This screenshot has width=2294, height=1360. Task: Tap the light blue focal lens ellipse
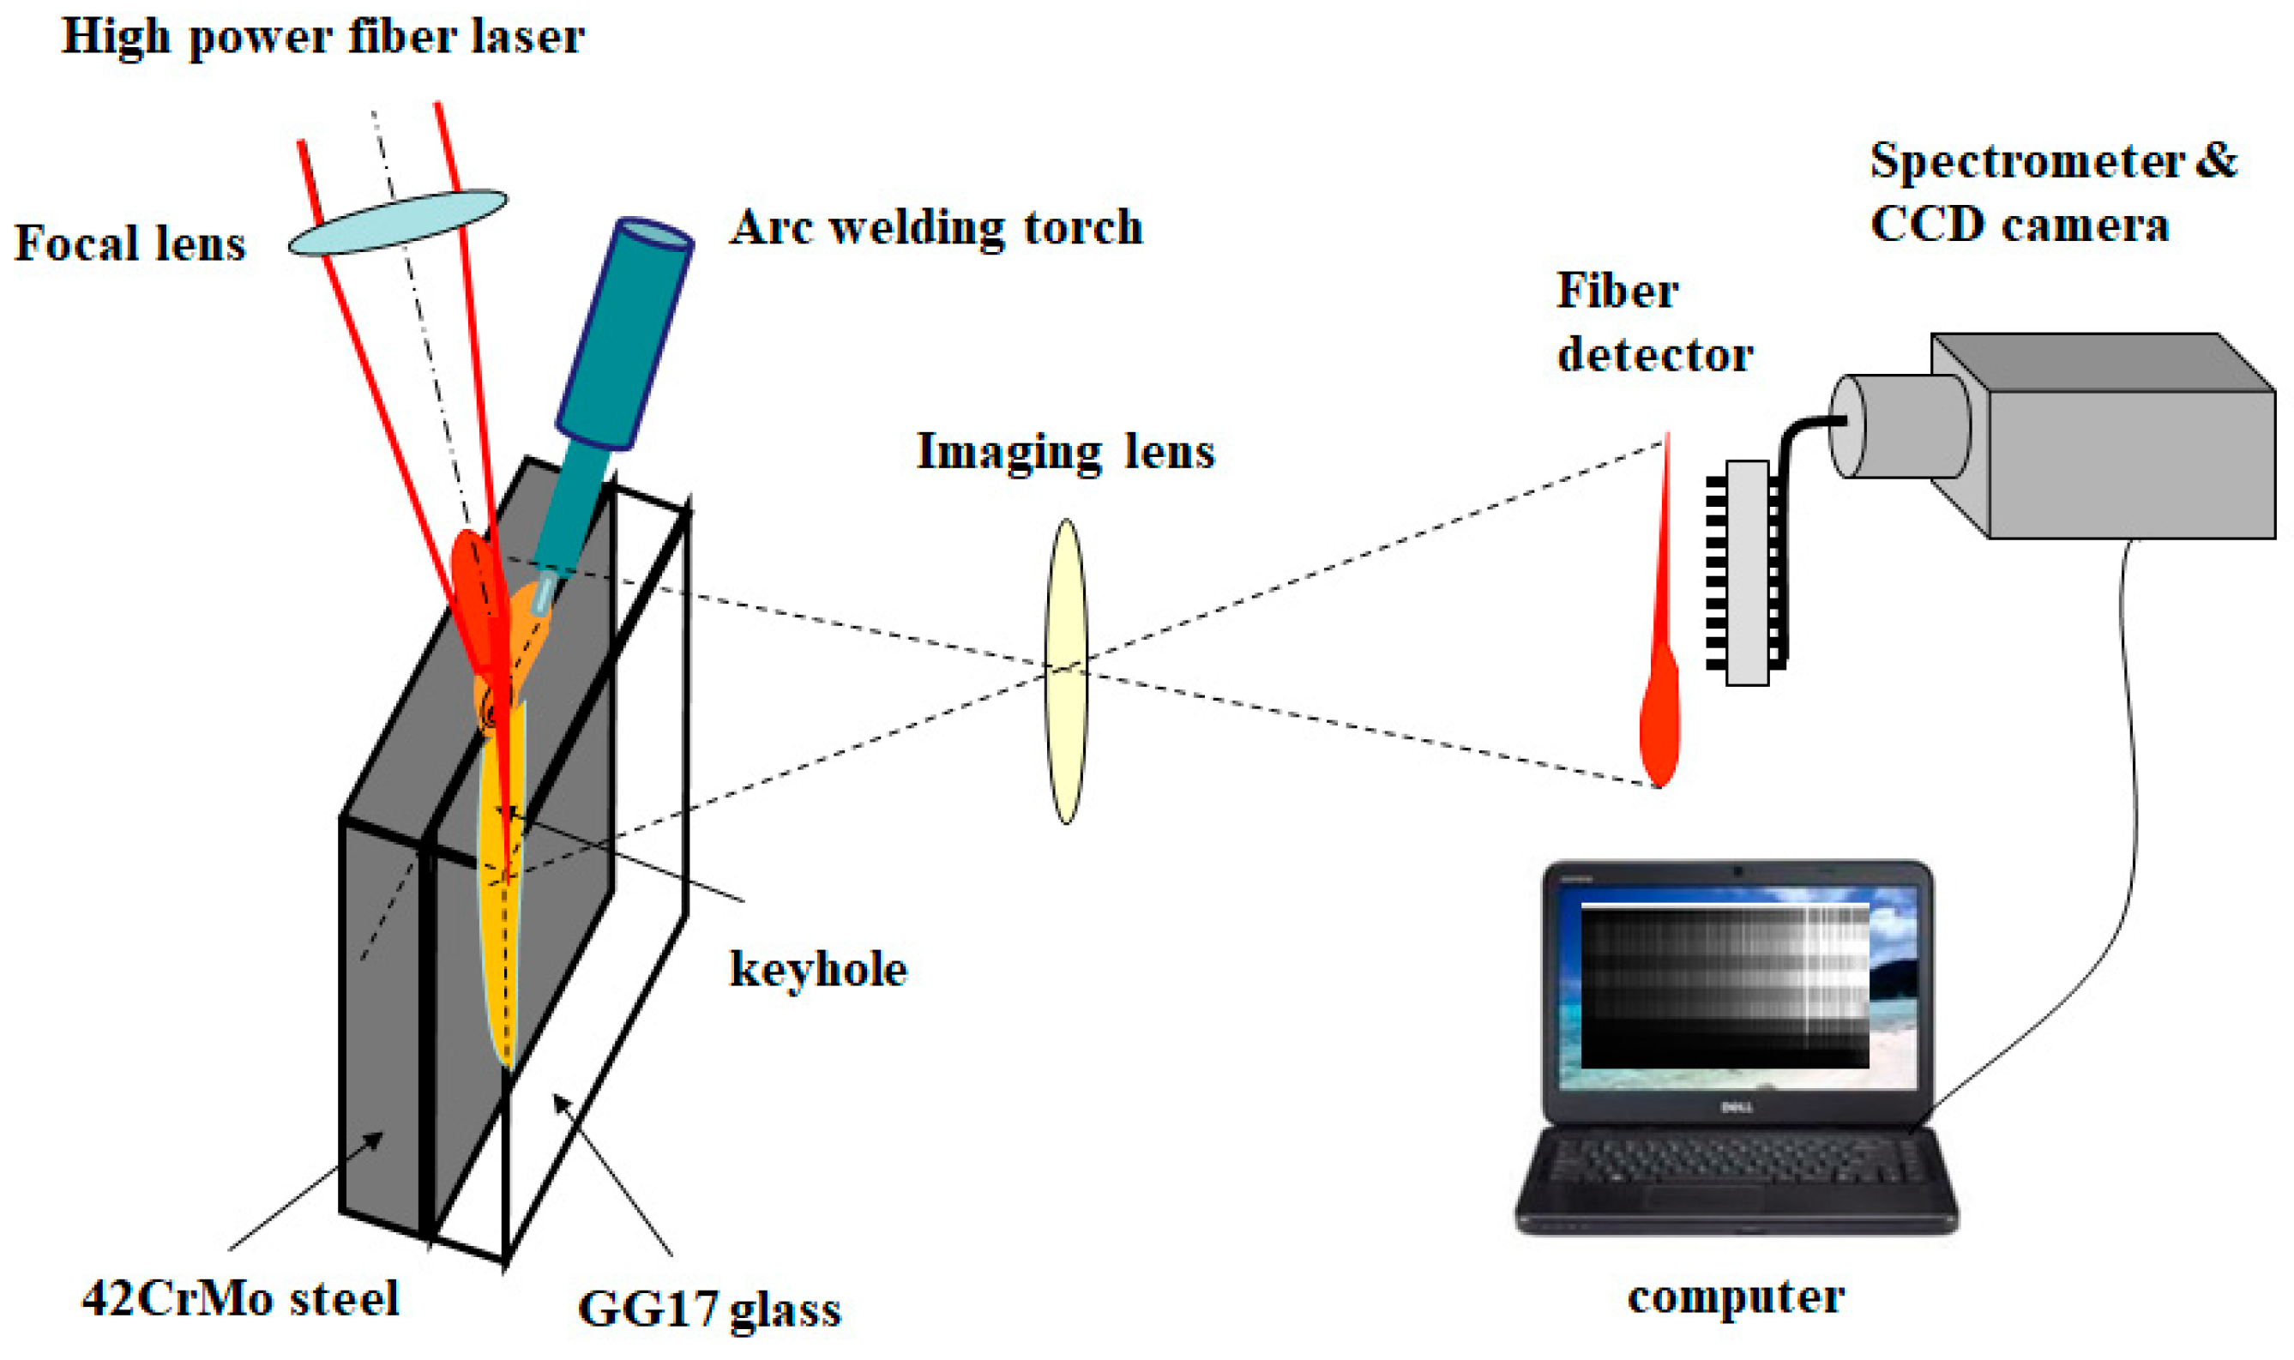pos(397,223)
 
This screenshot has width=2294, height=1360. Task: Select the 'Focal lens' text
pos(130,244)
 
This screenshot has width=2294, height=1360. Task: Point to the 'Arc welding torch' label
pos(936,228)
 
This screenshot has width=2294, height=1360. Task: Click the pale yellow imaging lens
pos(1065,671)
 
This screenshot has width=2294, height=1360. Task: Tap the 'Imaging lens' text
pos(1065,452)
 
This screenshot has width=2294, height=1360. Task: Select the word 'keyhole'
pos(817,969)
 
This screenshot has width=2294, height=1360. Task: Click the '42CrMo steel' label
pos(240,1298)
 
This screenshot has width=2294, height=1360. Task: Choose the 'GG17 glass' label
pos(708,1309)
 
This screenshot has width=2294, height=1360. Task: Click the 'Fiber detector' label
pos(1653,322)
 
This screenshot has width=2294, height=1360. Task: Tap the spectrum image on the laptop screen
pos(1724,985)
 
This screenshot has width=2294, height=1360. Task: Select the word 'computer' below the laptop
pos(1735,1297)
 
